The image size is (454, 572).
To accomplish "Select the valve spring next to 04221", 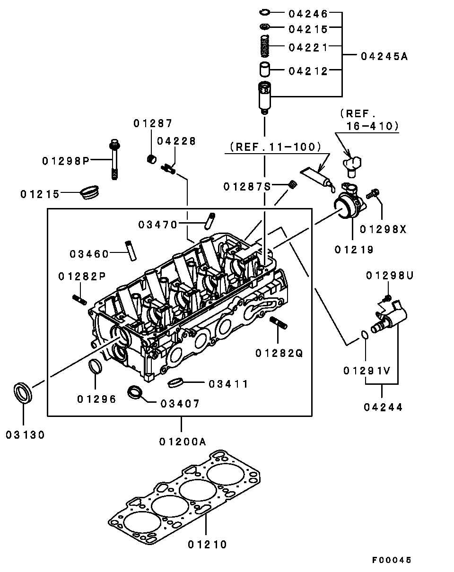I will click(x=266, y=46).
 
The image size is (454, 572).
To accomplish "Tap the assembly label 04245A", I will click(x=384, y=57).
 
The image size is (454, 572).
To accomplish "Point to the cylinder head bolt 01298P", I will click(x=114, y=159).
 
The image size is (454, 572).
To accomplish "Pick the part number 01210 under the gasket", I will click(x=207, y=545).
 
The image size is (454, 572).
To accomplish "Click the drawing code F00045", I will click(x=392, y=560).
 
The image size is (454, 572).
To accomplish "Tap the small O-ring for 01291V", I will click(x=364, y=335).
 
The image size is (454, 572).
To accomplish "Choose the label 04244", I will click(x=384, y=407).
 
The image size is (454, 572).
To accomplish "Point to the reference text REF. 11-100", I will click(x=275, y=147).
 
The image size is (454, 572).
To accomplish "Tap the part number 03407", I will click(x=180, y=404).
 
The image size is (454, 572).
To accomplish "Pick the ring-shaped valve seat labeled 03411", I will click(x=175, y=381).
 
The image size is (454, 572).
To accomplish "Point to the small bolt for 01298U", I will click(x=387, y=297).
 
